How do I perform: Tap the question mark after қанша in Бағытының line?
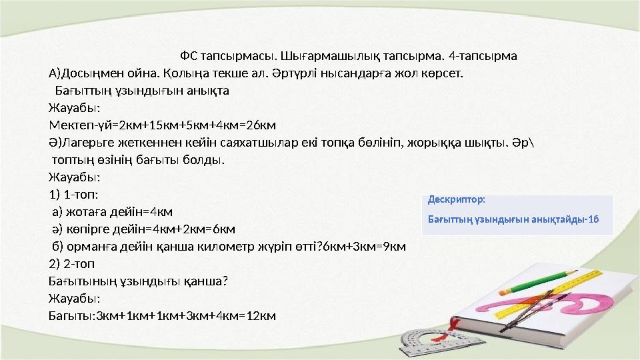point(225,281)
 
